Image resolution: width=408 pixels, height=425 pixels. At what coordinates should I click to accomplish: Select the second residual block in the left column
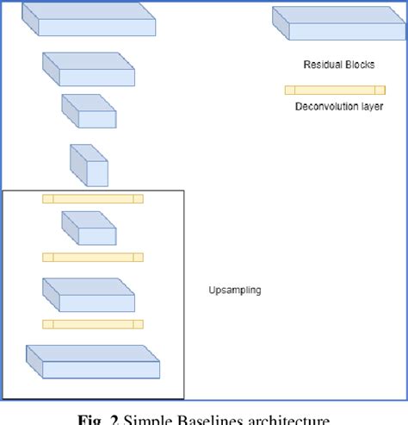pyautogui.click(x=89, y=71)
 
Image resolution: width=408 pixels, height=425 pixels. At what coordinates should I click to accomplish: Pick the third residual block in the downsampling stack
pyautogui.click(x=88, y=111)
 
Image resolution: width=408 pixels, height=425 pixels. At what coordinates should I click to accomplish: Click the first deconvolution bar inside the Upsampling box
pyautogui.click(x=93, y=199)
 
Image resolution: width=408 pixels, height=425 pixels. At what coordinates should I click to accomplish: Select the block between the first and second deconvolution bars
pyautogui.click(x=88, y=228)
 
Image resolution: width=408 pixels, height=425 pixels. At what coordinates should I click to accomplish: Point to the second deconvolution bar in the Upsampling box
pyautogui.click(x=93, y=257)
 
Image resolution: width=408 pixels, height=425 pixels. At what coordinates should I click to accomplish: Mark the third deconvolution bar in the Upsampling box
pyautogui.click(x=93, y=324)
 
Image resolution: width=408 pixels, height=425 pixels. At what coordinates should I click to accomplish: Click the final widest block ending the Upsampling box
pyautogui.click(x=93, y=361)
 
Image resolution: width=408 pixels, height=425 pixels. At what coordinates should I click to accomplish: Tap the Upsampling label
pyautogui.click(x=235, y=291)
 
